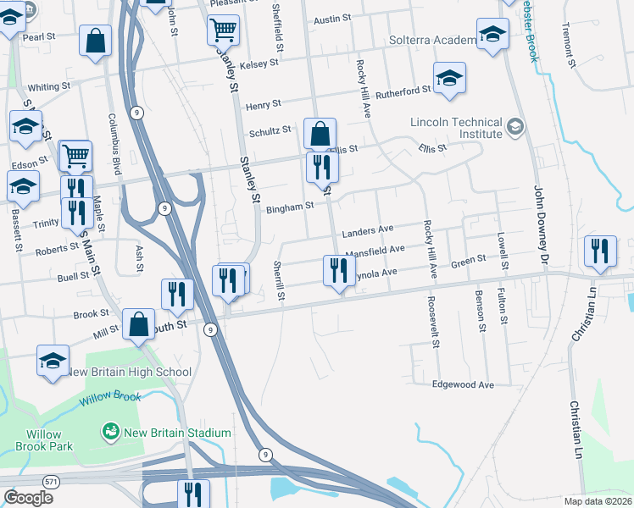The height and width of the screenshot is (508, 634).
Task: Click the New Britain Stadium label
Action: click(x=175, y=433)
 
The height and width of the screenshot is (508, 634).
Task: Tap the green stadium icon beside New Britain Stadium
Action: click(x=109, y=433)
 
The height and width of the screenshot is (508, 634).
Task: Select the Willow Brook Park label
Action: click(x=43, y=440)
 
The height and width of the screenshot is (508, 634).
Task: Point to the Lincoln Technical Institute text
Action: click(x=456, y=128)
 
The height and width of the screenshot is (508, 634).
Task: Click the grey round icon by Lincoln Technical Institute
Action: click(x=514, y=128)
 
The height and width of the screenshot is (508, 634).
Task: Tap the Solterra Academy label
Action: click(x=431, y=41)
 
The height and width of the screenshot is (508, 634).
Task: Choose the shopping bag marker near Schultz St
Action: click(x=320, y=134)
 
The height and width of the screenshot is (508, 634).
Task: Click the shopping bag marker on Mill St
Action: click(x=139, y=325)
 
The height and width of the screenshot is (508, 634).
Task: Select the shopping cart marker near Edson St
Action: click(x=75, y=156)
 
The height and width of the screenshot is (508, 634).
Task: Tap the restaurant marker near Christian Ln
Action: click(x=600, y=251)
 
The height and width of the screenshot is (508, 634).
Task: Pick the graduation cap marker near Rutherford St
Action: click(x=449, y=78)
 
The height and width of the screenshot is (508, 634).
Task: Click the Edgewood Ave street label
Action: click(x=463, y=384)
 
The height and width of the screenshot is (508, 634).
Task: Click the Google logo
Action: click(x=28, y=498)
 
